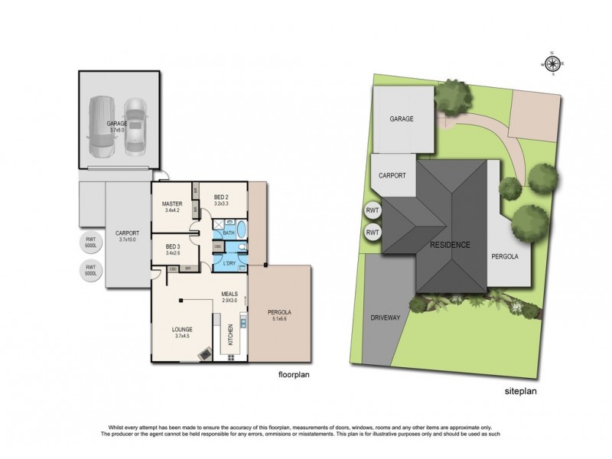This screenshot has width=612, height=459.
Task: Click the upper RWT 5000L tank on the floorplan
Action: [x=90, y=244]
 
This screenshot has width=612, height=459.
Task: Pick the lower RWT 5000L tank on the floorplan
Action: [x=90, y=270]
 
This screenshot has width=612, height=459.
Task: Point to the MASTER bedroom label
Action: [x=172, y=204]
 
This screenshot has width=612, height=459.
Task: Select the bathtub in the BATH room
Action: [x=241, y=229]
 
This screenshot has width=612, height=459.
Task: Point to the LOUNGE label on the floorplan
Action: [x=182, y=330]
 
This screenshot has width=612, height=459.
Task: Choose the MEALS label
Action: [x=230, y=294]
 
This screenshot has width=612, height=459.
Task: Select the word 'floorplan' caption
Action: [x=295, y=376]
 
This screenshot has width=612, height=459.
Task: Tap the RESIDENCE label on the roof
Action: [x=449, y=245]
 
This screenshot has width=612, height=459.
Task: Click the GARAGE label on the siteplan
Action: [x=402, y=119]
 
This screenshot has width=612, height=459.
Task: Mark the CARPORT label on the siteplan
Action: [x=392, y=175]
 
